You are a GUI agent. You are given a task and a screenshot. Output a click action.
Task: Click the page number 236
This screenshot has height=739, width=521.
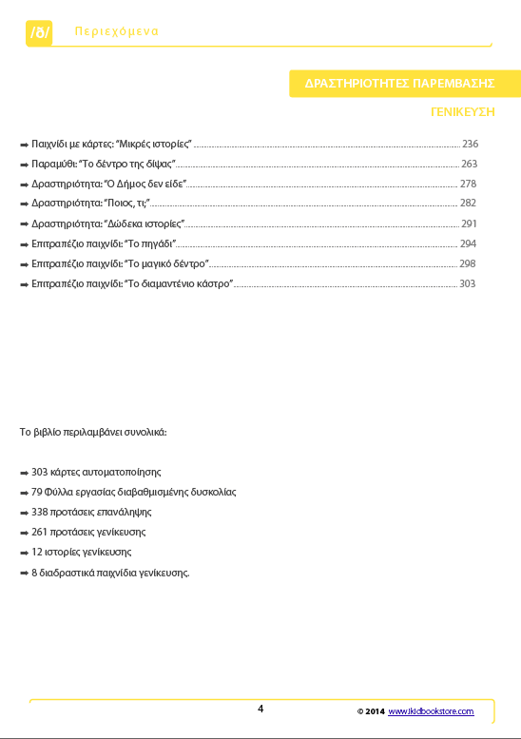[470, 144]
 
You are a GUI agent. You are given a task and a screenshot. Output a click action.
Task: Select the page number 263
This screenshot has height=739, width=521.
[469, 164]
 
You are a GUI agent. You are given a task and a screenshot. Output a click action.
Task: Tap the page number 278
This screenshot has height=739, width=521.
[468, 184]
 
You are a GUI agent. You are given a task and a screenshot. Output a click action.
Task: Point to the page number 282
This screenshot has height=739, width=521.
[468, 204]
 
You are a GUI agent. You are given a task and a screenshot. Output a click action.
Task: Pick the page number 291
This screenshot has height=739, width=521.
[469, 224]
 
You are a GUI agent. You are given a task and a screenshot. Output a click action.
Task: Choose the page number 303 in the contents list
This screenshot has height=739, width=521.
[467, 284]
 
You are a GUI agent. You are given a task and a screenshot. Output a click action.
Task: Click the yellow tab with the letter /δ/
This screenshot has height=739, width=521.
[39, 33]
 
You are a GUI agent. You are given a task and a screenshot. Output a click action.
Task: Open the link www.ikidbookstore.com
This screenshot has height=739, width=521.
[430, 711]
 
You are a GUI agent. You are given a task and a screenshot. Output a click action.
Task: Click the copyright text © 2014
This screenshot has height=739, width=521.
[370, 711]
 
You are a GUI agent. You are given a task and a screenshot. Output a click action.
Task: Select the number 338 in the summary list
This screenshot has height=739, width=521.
[39, 512]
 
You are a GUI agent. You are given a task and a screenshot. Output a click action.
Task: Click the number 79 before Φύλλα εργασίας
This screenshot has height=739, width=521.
[37, 492]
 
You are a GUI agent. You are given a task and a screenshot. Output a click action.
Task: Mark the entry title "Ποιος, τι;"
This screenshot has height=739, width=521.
[132, 204]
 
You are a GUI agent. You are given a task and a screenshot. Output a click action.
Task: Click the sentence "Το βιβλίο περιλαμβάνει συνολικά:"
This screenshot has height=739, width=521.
[93, 432]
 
